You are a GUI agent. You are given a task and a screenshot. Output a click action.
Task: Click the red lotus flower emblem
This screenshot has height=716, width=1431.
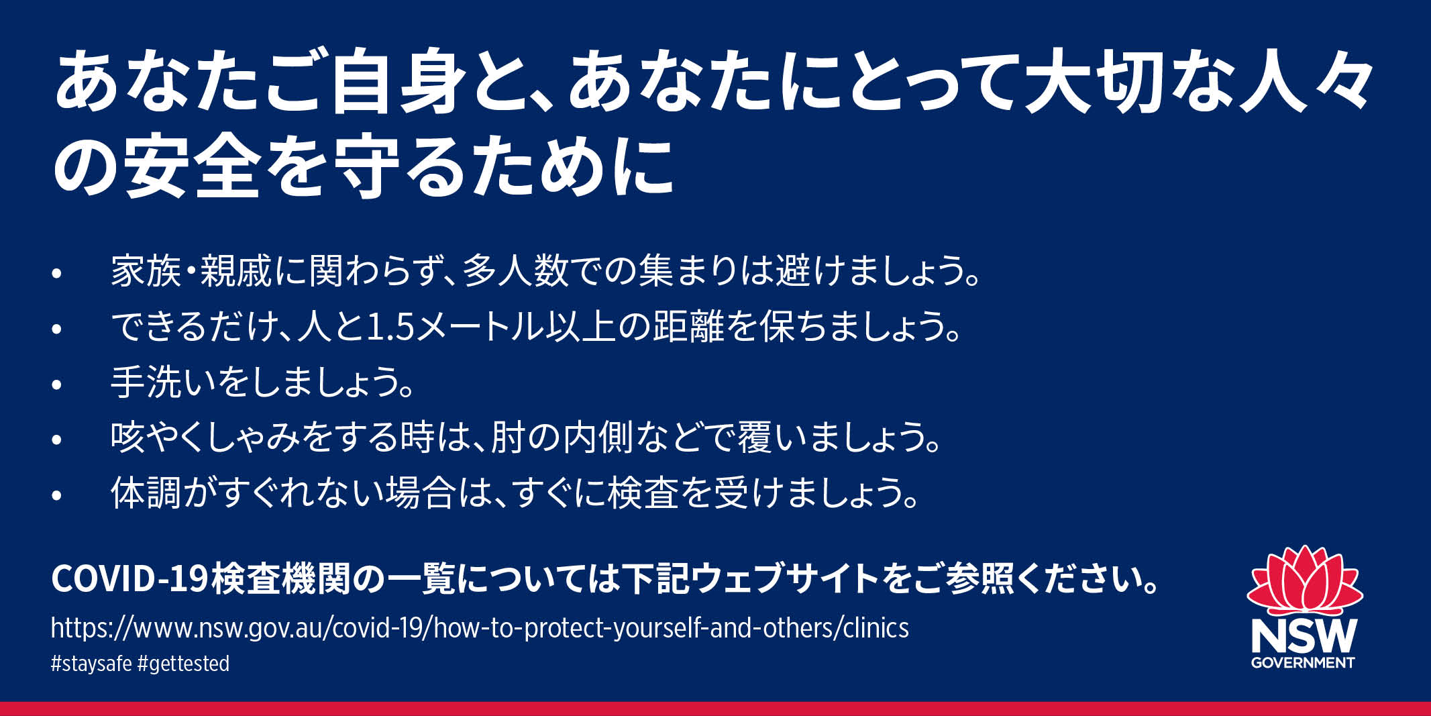pos(1304,580)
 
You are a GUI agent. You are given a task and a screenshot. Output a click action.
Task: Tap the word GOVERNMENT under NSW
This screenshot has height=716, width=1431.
pos(1303,663)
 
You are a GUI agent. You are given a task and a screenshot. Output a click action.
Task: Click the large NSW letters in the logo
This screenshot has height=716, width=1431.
pos(1304,635)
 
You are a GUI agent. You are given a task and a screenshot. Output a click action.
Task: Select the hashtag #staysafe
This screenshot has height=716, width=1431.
pos(91,664)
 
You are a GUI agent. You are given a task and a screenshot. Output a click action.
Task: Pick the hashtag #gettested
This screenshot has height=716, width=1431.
pos(183,664)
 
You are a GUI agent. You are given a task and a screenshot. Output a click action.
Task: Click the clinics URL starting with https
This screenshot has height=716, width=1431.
pos(480,628)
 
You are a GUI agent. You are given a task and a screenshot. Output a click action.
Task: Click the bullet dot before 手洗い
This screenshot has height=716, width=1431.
pos(56,385)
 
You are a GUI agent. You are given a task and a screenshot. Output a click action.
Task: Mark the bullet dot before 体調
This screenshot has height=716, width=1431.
pos(56,495)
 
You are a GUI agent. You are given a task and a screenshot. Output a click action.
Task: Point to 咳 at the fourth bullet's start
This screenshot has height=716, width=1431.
pos(127,438)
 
